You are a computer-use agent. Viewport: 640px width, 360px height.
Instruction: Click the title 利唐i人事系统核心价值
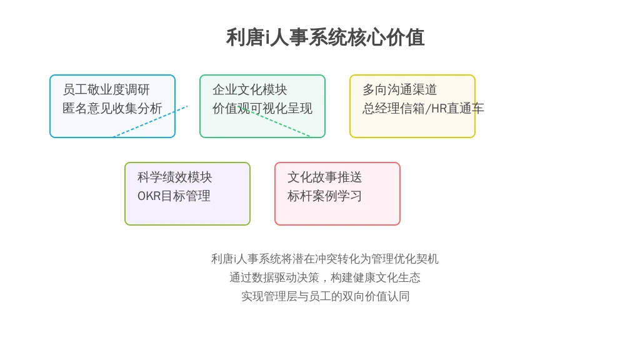click(325, 37)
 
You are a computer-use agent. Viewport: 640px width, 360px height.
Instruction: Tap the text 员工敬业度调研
click(106, 89)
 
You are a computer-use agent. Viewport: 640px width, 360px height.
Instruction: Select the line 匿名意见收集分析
click(112, 108)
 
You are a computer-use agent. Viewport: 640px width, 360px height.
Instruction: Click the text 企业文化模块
click(250, 89)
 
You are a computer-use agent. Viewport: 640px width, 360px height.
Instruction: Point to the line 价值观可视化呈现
click(262, 108)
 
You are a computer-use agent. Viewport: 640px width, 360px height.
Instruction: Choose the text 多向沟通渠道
click(399, 89)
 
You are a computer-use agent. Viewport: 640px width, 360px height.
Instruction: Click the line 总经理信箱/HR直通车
click(423, 108)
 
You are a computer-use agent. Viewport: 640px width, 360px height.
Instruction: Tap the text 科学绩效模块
click(175, 177)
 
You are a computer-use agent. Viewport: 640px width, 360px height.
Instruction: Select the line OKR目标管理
click(174, 196)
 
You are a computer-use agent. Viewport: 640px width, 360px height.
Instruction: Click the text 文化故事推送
click(324, 177)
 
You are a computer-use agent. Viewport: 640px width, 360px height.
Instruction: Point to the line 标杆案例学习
click(324, 196)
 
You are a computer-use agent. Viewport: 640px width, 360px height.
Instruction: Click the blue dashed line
click(150, 122)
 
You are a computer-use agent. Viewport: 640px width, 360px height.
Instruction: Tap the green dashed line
click(274, 121)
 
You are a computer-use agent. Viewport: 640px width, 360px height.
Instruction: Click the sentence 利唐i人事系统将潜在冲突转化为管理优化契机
click(325, 259)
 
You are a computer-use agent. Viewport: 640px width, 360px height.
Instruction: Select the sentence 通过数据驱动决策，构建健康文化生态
click(325, 277)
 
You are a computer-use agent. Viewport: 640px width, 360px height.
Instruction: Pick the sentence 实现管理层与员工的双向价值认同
click(325, 296)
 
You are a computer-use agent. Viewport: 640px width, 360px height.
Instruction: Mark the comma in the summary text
click(325, 281)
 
